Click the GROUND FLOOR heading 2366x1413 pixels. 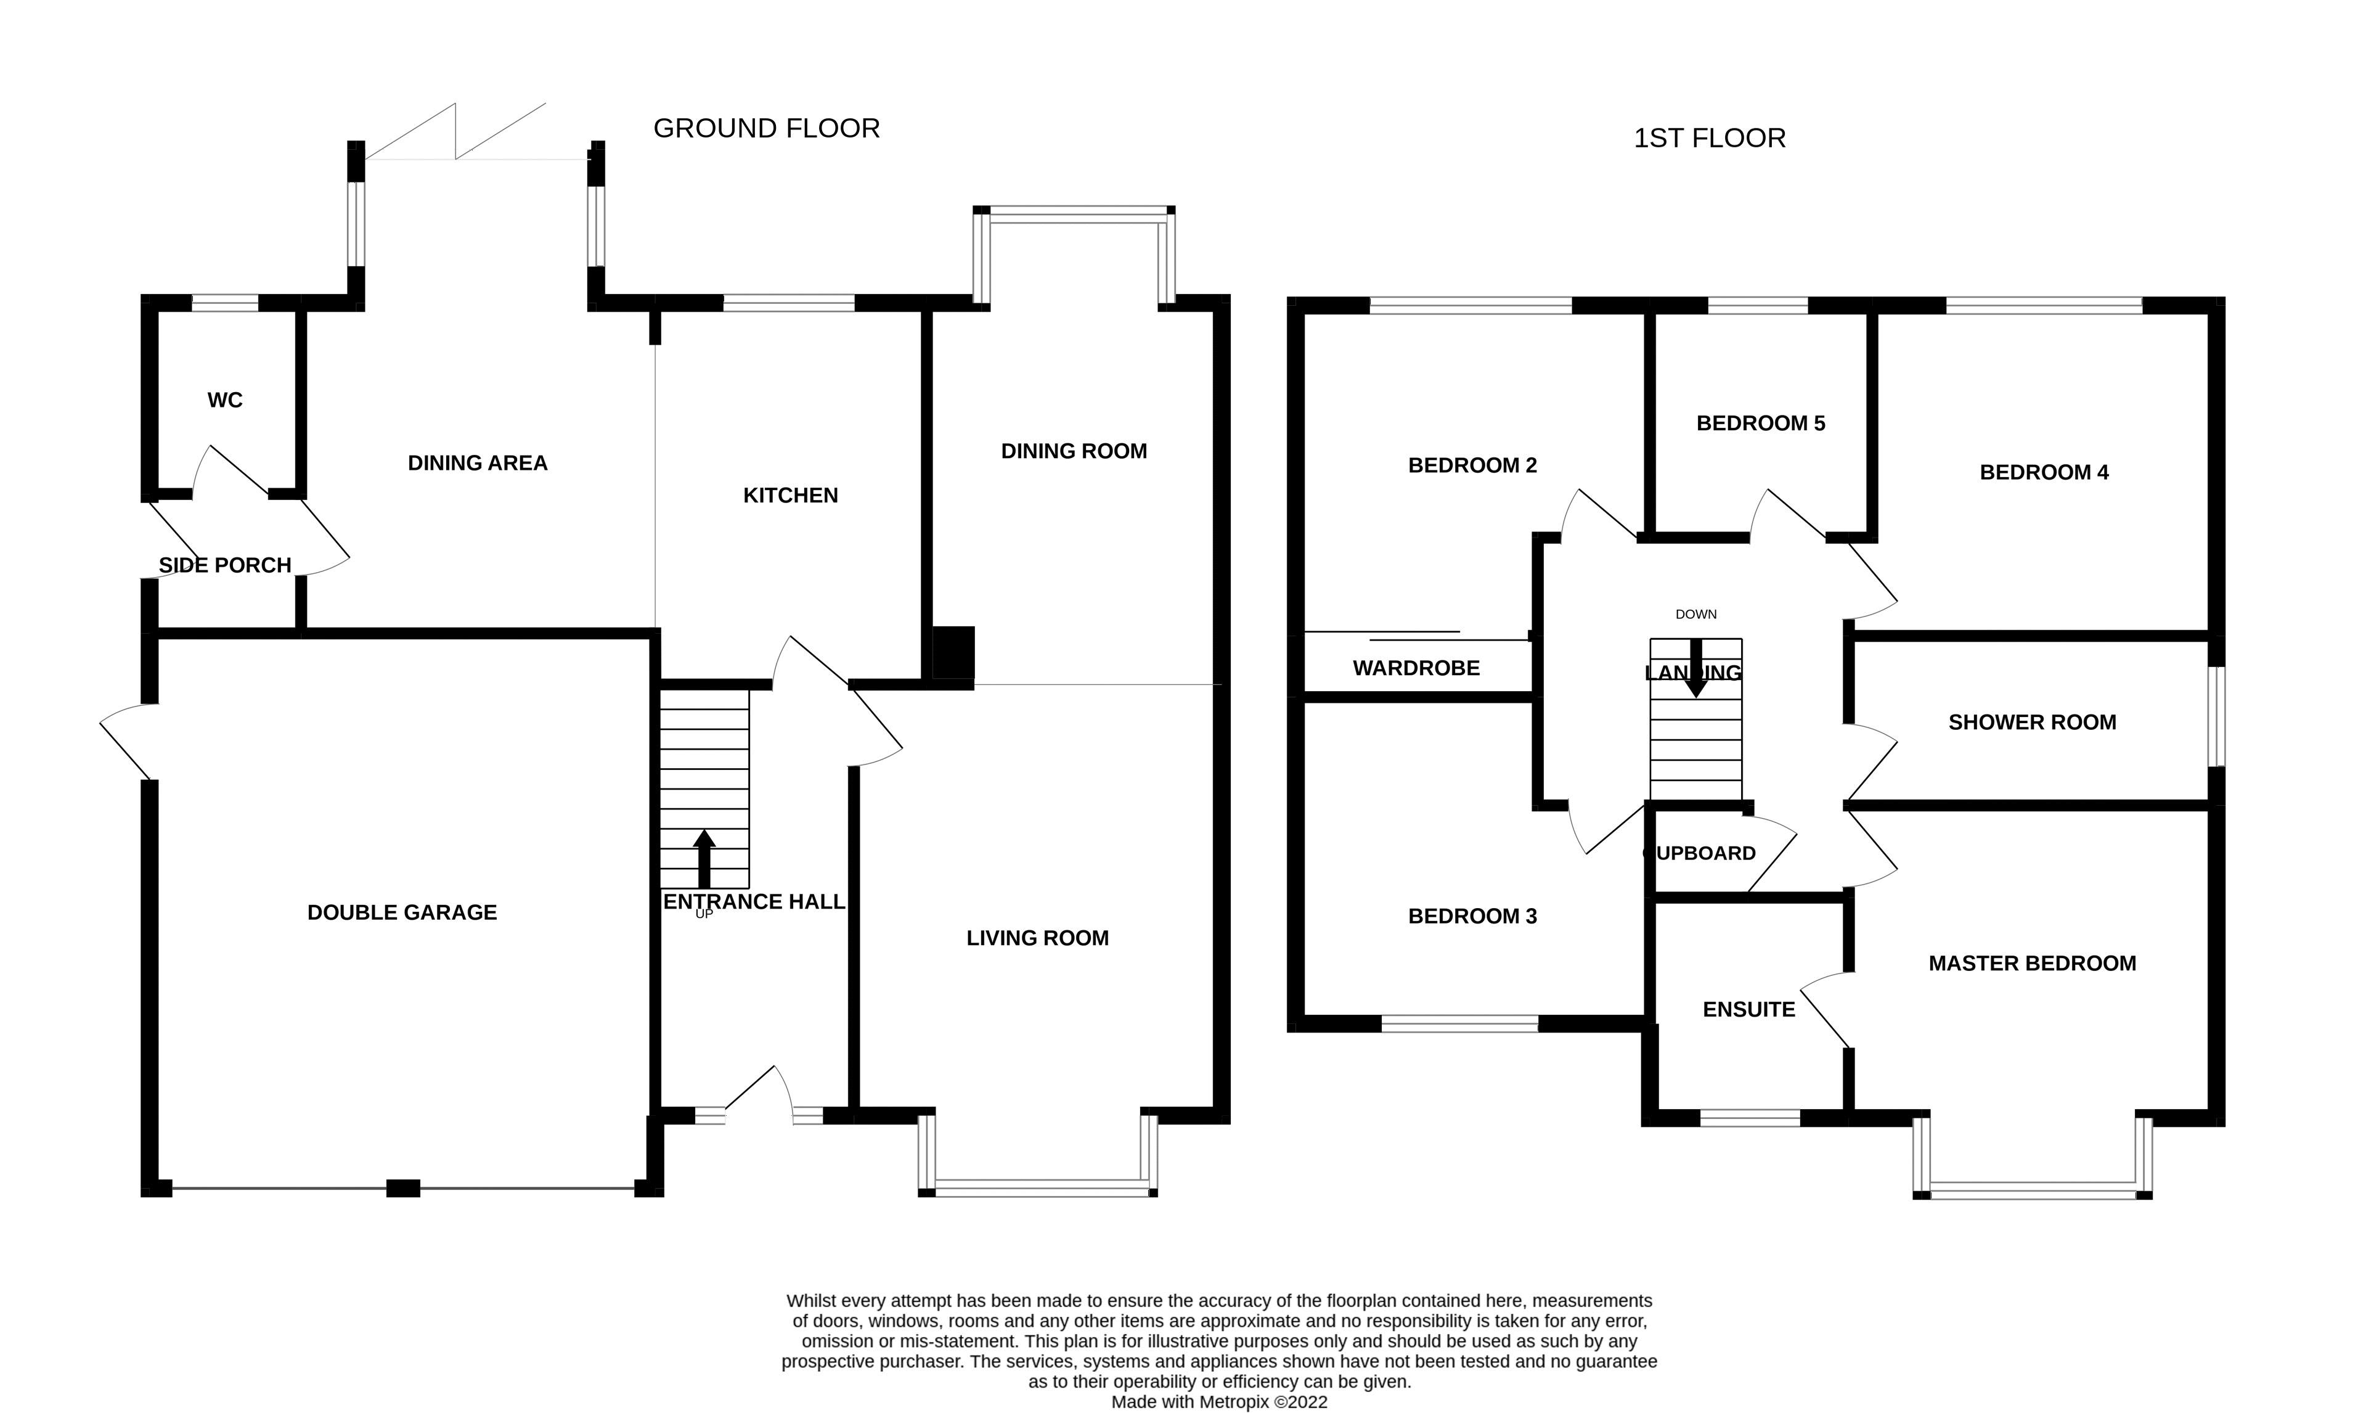click(766, 129)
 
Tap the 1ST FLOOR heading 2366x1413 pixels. click(1709, 138)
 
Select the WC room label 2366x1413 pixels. click(226, 400)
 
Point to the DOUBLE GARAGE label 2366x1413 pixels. click(402, 912)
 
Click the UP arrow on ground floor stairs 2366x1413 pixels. click(704, 857)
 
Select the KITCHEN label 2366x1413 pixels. click(790, 495)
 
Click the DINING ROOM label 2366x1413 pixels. click(1074, 451)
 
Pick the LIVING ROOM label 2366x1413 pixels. click(1037, 938)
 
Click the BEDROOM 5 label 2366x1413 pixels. click(1761, 423)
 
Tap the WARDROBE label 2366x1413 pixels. click(1416, 668)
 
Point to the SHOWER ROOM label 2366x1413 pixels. click(2032, 722)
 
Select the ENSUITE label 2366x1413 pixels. click(1748, 1009)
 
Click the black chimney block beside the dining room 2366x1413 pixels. click(953, 653)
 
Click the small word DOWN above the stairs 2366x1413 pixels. click(1696, 614)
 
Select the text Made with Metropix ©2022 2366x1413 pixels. click(1219, 1401)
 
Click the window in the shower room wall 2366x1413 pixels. click(2217, 716)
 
